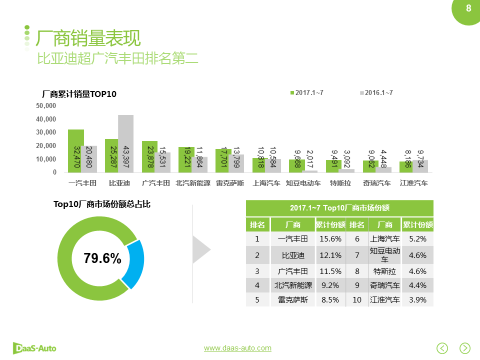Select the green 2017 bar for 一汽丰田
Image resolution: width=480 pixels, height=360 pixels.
point(76,151)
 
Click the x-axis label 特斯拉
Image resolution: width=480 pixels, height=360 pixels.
point(340,183)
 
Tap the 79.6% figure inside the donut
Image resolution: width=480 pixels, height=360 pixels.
point(102,258)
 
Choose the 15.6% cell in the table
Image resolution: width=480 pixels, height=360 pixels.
point(330,239)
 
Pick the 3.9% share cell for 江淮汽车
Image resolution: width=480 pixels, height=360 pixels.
point(417,300)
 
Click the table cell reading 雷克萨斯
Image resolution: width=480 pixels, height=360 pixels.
point(293,300)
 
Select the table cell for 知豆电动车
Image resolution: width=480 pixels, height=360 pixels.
point(384,255)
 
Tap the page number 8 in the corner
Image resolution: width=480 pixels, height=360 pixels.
point(468,8)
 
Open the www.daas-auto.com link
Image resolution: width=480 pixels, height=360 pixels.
point(237,348)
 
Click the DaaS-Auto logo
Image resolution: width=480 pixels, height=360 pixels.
point(34,348)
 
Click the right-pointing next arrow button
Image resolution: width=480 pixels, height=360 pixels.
point(465,348)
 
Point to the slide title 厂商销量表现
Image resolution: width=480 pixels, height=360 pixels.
point(88,37)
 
